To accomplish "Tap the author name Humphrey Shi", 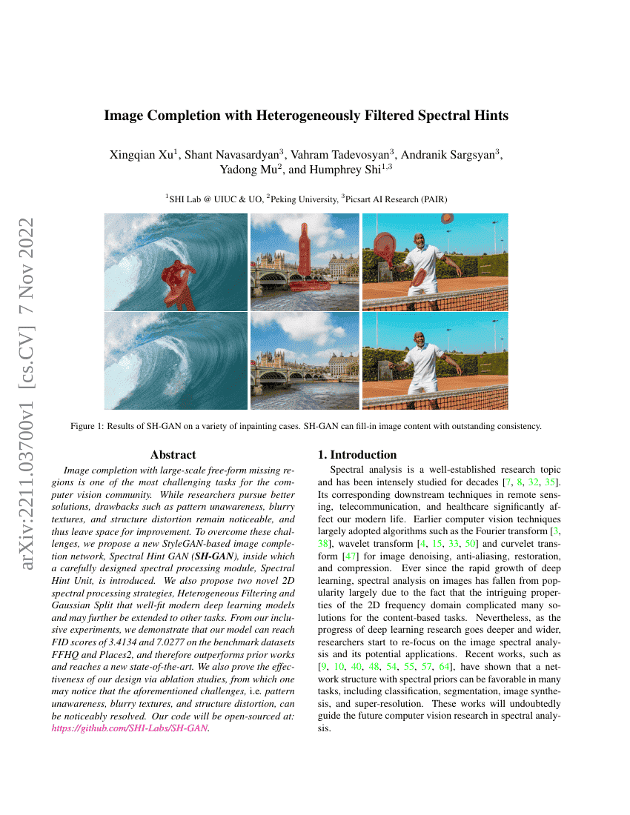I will pos(346,170).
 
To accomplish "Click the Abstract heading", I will pos(173,455).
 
